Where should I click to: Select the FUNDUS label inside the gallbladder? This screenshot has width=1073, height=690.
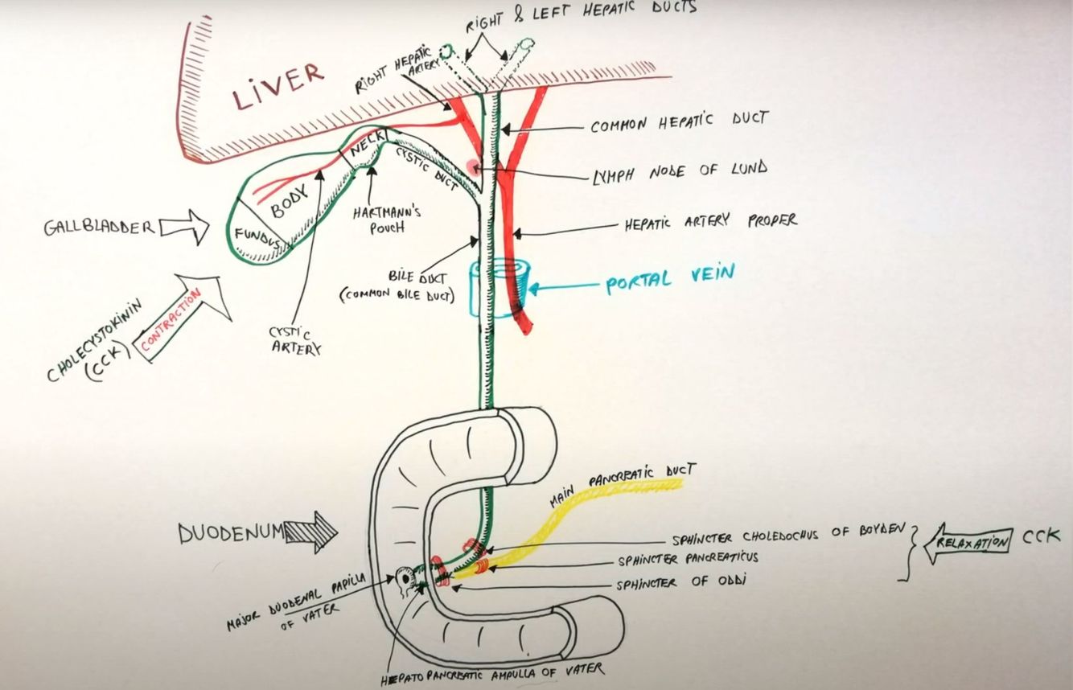(258, 237)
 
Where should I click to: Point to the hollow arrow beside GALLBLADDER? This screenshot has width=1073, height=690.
(184, 229)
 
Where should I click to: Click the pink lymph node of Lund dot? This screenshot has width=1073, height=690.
(473, 167)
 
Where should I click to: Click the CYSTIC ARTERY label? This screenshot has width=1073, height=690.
(296, 339)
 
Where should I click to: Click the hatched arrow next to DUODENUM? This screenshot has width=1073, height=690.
(313, 533)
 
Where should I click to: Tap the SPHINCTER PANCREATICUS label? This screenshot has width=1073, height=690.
(688, 559)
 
